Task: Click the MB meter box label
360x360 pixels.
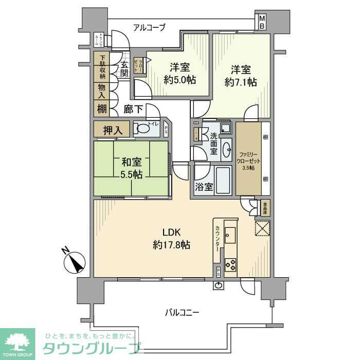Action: (262, 22)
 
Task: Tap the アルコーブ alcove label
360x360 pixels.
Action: (149, 28)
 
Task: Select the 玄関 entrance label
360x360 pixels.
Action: (124, 69)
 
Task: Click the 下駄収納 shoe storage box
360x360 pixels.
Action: (102, 67)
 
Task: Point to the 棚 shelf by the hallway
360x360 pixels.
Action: (102, 109)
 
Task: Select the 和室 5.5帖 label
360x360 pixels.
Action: (131, 168)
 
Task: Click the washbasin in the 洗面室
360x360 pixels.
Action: (227, 149)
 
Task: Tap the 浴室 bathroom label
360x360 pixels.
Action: (204, 187)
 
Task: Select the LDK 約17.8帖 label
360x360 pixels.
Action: (171, 238)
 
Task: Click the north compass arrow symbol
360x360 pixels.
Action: (77, 261)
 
